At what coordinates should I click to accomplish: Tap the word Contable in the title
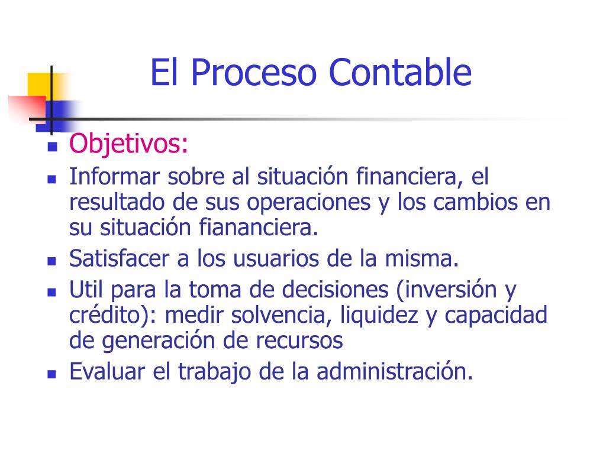tap(400, 73)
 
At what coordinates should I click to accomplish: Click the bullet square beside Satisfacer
tap(51, 261)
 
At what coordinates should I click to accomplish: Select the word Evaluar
tap(108, 371)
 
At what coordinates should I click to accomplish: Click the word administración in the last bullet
tap(395, 371)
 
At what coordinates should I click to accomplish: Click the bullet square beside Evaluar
tap(51, 374)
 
